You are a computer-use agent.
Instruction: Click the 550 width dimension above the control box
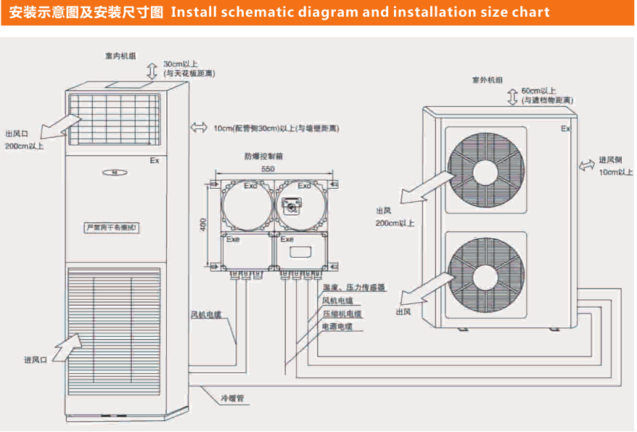click(x=268, y=168)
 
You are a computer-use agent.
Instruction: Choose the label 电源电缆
click(x=337, y=327)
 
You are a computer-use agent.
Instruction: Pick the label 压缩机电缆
click(x=342, y=314)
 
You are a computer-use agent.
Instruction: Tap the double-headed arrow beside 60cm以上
click(x=512, y=95)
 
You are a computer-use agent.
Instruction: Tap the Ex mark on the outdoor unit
click(x=565, y=129)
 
